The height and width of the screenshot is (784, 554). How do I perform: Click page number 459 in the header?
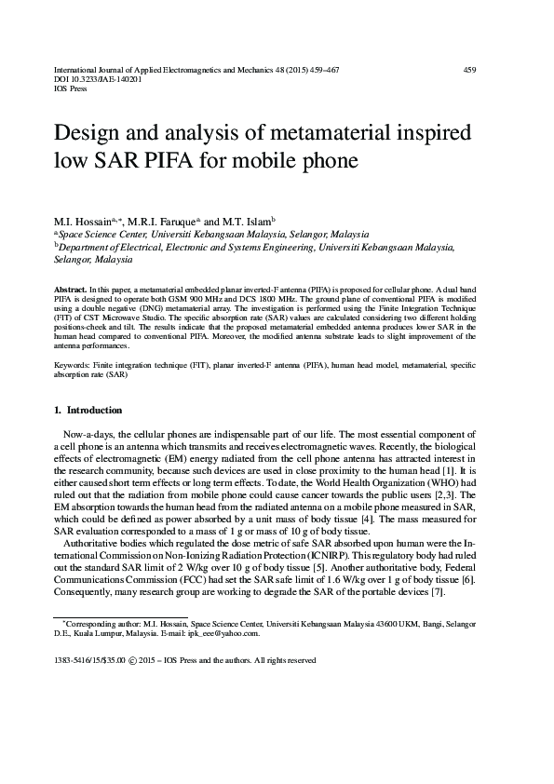pos(471,70)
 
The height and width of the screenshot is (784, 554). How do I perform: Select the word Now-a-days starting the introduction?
pos(89,435)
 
